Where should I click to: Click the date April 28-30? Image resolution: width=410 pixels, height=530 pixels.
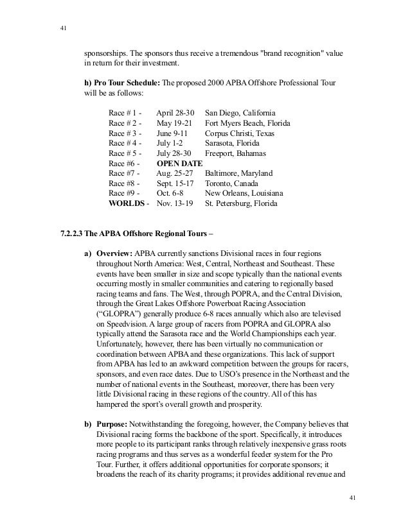pos(175,112)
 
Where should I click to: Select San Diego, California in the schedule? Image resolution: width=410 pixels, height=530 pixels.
pos(240,112)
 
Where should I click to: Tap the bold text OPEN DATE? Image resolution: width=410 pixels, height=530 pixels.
pos(179,163)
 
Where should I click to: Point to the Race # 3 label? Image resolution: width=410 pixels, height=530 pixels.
pos(126,132)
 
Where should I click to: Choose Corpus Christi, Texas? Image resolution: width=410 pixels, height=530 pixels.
pos(240,132)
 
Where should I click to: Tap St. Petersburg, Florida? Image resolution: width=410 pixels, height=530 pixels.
pos(242,204)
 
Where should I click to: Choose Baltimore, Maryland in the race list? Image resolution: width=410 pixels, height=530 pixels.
pos(238,173)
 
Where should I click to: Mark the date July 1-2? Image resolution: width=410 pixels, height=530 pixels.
pos(169,142)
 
